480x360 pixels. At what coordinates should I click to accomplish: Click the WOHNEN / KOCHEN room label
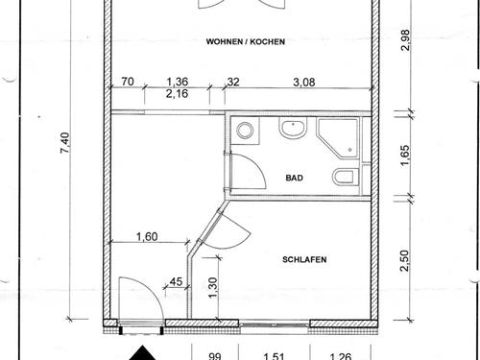[x=246, y=41]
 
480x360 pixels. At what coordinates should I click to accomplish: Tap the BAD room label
[x=295, y=178]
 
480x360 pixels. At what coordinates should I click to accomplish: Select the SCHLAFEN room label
[x=304, y=259]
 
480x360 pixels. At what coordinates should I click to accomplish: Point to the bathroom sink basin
[x=293, y=128]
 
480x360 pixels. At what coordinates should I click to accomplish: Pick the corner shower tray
[x=337, y=138]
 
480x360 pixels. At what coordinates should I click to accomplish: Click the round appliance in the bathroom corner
[x=245, y=131]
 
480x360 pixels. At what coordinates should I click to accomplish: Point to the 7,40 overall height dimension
[x=64, y=142]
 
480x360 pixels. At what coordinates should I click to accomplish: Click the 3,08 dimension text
[x=304, y=83]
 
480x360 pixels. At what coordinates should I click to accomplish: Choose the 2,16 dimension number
[x=177, y=94]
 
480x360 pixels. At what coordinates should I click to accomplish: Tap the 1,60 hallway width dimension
[x=147, y=237]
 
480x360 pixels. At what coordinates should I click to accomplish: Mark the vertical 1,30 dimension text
[x=213, y=287]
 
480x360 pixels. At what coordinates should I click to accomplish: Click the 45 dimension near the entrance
[x=176, y=282]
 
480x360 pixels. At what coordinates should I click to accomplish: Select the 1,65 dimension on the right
[x=405, y=156]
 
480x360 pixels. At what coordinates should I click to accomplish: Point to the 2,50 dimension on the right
[x=405, y=261]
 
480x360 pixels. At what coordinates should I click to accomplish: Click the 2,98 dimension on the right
[x=405, y=40]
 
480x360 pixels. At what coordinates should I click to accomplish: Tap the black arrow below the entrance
[x=143, y=353]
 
